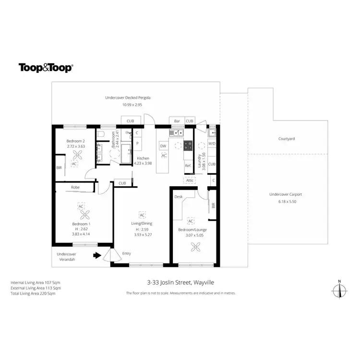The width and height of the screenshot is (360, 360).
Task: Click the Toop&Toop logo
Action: pos(46,68)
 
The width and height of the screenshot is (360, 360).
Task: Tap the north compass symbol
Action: pos(340,290)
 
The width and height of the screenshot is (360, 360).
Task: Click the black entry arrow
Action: pos(97,256)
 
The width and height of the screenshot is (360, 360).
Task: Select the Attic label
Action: pos(190,180)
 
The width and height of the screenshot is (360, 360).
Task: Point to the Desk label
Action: pos(178,197)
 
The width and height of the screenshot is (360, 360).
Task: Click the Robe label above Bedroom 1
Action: pos(75,187)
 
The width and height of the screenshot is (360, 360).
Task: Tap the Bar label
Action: pos(177,121)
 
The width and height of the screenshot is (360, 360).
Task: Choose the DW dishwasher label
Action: pos(163,146)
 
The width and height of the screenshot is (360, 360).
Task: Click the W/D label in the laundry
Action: pos(212,143)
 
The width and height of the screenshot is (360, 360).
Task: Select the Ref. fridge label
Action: pos(188,166)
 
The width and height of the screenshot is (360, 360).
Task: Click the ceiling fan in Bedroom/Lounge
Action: pos(195,247)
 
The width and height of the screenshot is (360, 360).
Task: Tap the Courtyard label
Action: pos(287,139)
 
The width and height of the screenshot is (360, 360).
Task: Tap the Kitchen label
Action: pos(144,158)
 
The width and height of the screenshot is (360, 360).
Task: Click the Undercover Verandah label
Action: pos(67,256)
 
